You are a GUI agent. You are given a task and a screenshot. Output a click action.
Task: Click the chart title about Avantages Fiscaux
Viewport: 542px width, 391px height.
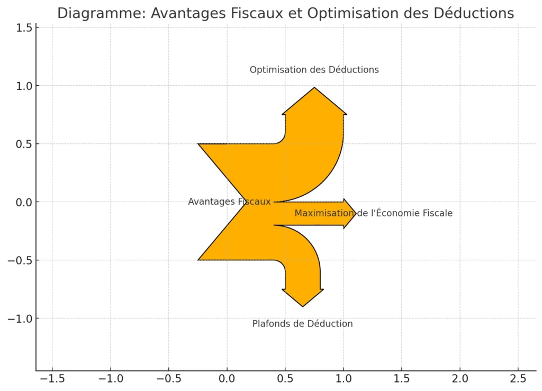pos(285,13)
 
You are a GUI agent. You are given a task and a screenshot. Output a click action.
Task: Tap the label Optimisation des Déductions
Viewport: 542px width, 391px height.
pos(314,70)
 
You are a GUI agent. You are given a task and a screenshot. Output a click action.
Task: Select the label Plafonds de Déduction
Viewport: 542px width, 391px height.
pos(302,324)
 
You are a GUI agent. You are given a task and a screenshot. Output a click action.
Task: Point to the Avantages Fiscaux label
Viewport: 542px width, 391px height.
pos(229,202)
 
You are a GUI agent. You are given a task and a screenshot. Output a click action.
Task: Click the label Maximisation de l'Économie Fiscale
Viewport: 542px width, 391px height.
pos(373,213)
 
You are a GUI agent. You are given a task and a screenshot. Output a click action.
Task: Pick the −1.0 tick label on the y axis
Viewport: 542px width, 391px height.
pos(20,319)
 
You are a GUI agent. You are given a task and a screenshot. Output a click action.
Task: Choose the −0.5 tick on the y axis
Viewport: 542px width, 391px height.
pos(20,260)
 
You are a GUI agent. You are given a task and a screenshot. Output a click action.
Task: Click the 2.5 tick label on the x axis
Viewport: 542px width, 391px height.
pos(518,379)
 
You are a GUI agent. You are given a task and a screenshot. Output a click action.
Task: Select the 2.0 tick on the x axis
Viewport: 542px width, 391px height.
pos(459,379)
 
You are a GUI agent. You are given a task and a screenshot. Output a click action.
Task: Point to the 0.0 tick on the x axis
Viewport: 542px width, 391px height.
pos(227,379)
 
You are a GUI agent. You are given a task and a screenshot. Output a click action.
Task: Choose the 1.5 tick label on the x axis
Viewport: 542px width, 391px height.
pos(401,379)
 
